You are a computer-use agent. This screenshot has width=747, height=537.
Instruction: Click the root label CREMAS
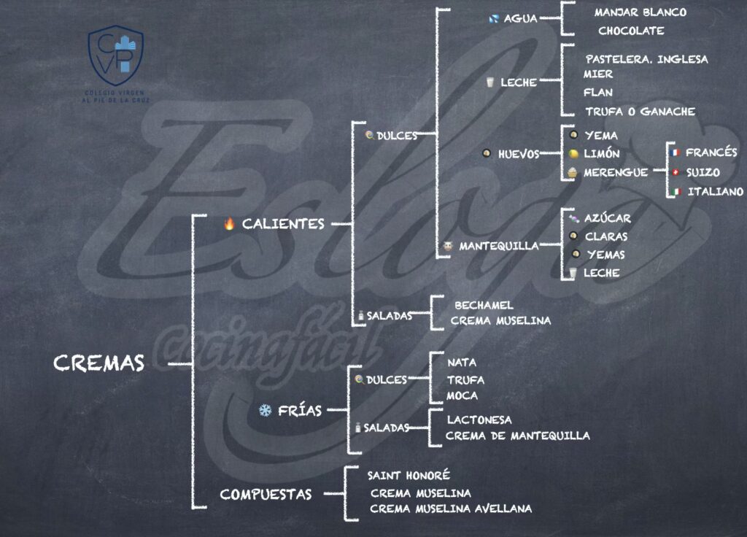[x=99, y=363]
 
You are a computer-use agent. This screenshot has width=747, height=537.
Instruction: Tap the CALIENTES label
[x=283, y=224]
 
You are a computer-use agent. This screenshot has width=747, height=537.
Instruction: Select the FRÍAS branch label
[x=299, y=410]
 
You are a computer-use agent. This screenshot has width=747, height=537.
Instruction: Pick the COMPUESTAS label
[x=266, y=495]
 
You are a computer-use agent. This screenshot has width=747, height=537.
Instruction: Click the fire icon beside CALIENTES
[x=229, y=224]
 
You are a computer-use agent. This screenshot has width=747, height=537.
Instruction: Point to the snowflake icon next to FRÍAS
[x=265, y=410]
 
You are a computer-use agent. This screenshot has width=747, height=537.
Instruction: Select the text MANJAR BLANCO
[x=640, y=12]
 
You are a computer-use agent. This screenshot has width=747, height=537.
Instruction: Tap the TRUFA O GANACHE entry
[x=640, y=112]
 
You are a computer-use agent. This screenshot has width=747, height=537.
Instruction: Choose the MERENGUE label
[x=616, y=173]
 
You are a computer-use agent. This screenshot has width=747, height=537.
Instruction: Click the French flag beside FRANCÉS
[x=676, y=153]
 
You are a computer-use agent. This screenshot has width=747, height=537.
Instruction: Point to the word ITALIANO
[x=715, y=192]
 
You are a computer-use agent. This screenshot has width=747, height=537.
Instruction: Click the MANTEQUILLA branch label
[x=498, y=247]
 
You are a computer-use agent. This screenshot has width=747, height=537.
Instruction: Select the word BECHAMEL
[x=484, y=305]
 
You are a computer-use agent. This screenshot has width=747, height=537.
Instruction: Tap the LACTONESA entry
[x=479, y=420]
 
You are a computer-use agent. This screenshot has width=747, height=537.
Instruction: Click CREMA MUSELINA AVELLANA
[x=451, y=509]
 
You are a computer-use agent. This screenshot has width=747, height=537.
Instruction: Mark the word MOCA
[x=462, y=395]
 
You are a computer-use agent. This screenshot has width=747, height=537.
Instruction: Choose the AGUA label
[x=520, y=19]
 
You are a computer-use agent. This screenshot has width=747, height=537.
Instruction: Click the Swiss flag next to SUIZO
[x=676, y=173]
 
